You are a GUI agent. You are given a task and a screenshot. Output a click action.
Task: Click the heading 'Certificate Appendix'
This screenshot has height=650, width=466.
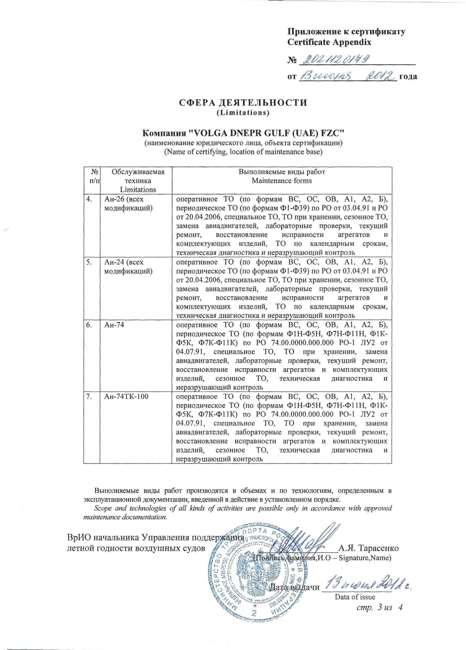(x=329, y=42)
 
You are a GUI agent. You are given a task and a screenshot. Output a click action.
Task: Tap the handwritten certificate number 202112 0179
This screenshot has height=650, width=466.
(x=334, y=58)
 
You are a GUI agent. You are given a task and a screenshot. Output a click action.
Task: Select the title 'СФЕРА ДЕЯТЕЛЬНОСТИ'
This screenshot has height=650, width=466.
(x=243, y=103)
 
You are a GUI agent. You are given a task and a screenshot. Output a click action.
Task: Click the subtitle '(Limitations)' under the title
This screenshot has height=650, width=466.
(x=243, y=113)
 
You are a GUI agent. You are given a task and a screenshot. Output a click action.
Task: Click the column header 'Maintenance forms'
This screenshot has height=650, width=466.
(x=281, y=181)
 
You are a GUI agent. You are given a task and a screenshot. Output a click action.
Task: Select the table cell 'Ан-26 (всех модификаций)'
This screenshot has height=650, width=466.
(x=128, y=203)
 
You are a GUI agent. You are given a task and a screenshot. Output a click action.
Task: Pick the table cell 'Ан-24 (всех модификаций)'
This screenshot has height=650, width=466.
(x=128, y=266)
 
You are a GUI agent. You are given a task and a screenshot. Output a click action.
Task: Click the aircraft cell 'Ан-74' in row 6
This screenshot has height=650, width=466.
(x=114, y=325)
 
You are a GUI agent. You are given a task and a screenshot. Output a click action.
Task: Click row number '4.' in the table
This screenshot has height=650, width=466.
(x=89, y=199)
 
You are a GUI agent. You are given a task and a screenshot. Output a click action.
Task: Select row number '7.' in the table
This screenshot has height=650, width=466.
(x=89, y=397)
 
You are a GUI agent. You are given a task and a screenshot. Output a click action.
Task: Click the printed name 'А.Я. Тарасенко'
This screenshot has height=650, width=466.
(x=369, y=548)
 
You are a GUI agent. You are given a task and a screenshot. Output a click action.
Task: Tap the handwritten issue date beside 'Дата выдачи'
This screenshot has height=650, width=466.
(x=370, y=583)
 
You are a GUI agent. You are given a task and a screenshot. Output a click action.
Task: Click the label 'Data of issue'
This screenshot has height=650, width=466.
(x=355, y=597)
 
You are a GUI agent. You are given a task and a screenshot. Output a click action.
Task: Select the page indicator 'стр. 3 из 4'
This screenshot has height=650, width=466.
(x=379, y=607)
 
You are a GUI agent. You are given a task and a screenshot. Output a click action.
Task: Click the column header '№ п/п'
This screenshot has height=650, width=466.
(x=93, y=176)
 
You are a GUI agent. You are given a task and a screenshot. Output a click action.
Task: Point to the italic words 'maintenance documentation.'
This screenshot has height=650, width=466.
(x=125, y=517)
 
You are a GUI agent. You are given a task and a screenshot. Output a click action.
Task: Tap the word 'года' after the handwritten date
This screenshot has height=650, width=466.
(x=408, y=77)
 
